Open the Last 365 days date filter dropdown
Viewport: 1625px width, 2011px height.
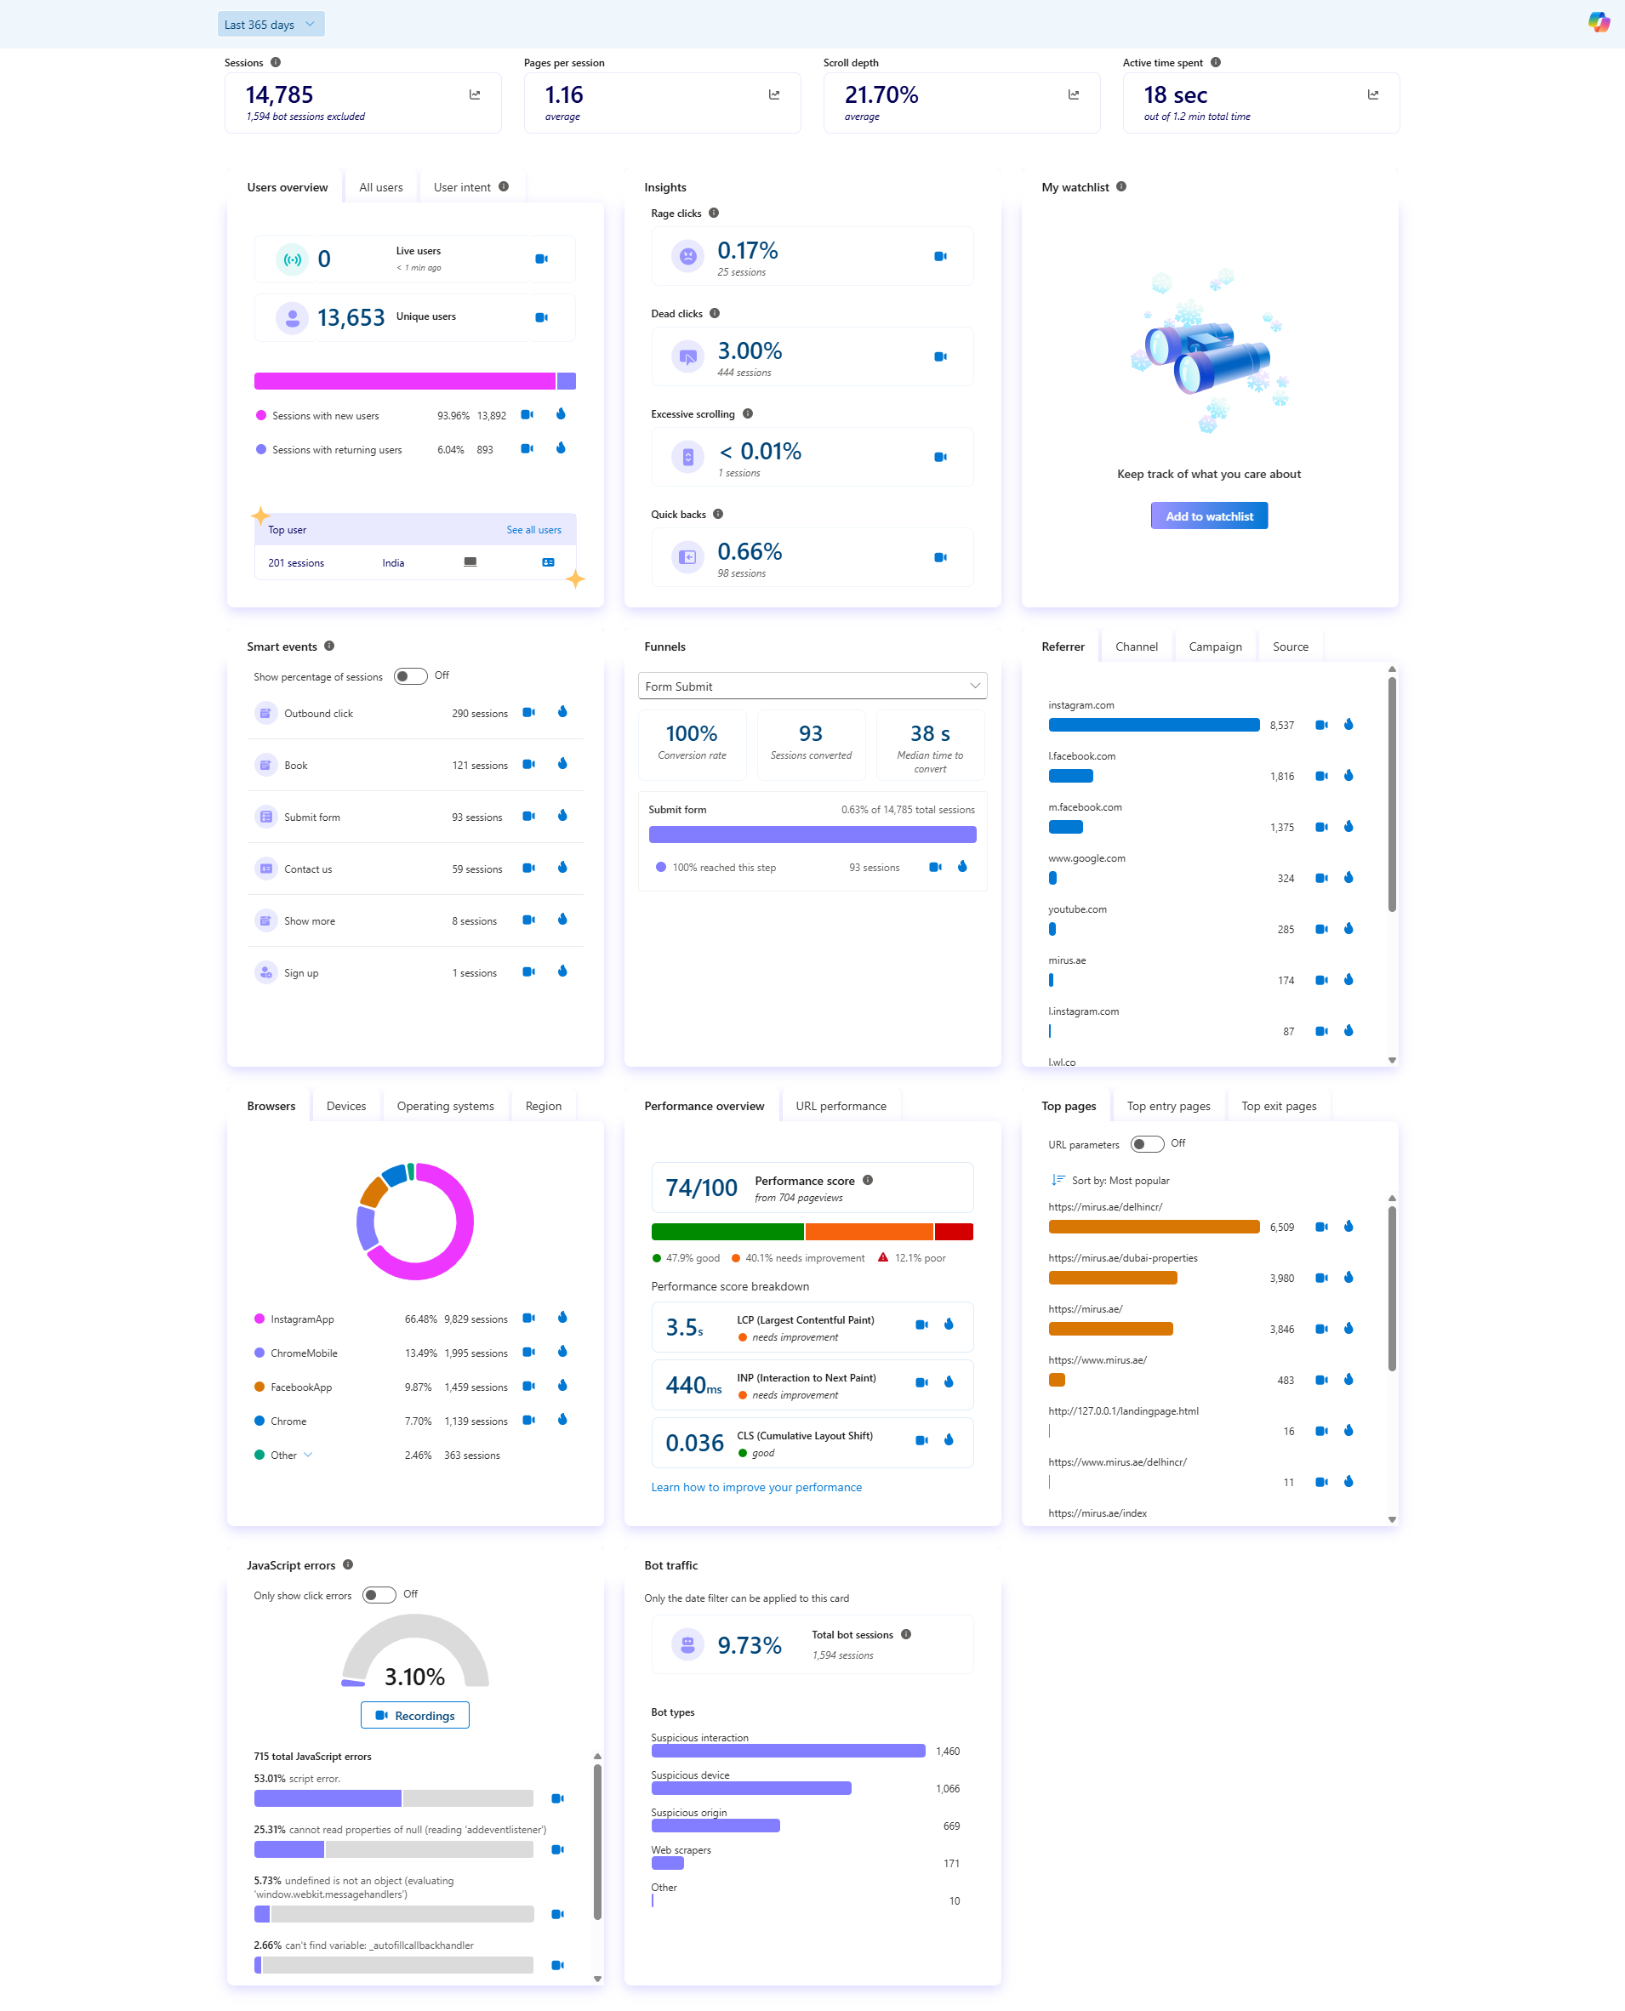(x=271, y=25)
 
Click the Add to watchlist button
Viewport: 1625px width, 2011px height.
(x=1208, y=516)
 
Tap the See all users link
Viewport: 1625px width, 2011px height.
(x=533, y=530)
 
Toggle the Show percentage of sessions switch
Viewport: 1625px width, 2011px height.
(x=410, y=675)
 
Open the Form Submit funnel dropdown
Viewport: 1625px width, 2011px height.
(x=812, y=686)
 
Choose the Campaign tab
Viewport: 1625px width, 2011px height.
(x=1214, y=647)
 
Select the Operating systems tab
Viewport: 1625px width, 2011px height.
(x=445, y=1106)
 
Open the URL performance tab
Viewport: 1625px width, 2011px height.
(x=840, y=1106)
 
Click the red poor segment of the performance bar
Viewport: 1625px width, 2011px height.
(x=953, y=1232)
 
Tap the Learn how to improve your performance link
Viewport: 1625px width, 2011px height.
(x=755, y=1487)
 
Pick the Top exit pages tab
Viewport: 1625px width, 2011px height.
(x=1278, y=1106)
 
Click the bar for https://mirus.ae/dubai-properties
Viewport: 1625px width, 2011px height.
(x=1112, y=1278)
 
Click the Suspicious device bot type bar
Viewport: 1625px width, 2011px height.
(x=750, y=1788)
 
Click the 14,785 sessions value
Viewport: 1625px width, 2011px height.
(x=279, y=95)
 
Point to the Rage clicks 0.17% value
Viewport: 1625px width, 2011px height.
(x=747, y=251)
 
